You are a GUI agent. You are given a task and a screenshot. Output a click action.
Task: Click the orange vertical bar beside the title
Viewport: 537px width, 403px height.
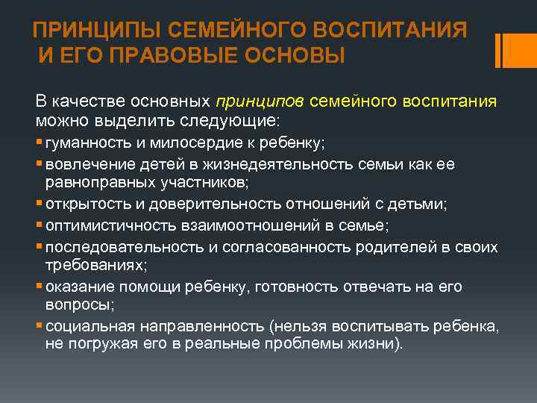click(506, 50)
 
